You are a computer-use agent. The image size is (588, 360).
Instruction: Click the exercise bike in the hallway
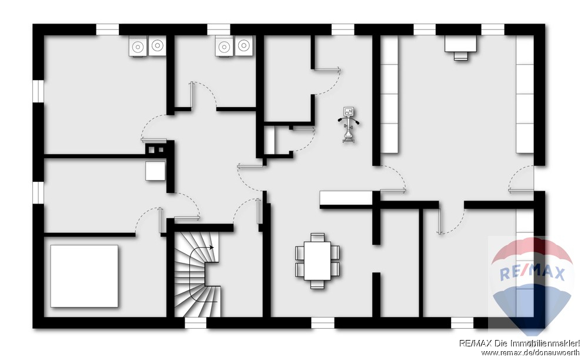coord(349,125)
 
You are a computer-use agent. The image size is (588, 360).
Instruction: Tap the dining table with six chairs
coord(318,261)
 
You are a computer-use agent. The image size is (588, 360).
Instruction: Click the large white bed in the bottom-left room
coord(84,276)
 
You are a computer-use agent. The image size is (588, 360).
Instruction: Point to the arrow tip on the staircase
coord(213,248)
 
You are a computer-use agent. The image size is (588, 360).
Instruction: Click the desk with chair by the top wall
coord(461,48)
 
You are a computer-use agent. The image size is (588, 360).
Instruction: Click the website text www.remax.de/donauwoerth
coord(530,352)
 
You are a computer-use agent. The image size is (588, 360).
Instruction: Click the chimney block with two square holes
coord(156,149)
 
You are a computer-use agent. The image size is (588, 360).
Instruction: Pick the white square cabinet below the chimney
coord(156,171)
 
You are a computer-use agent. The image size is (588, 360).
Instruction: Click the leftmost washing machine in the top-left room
coord(138,46)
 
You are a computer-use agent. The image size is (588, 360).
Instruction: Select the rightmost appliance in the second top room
coord(244,46)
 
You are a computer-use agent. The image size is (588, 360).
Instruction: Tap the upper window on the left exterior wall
coord(38,91)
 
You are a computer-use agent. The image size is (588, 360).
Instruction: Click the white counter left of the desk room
coord(390,94)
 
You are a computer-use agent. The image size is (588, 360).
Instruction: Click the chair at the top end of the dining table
coord(318,237)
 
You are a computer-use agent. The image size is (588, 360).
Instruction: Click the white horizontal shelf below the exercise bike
coord(346,198)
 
